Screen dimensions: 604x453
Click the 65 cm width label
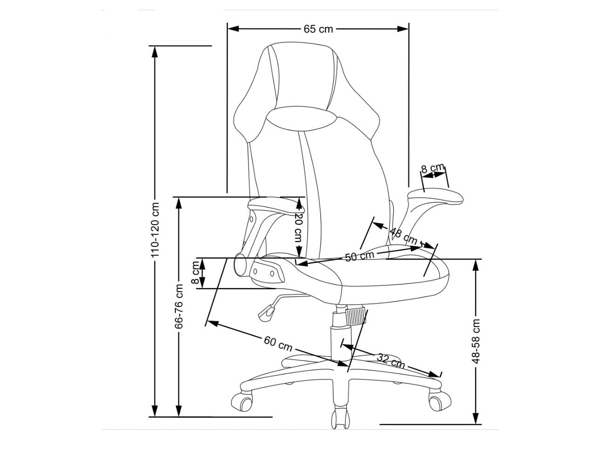click(x=318, y=29)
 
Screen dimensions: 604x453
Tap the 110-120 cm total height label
click(x=155, y=230)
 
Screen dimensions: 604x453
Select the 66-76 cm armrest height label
click(x=179, y=306)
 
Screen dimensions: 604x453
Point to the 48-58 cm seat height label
click(x=476, y=341)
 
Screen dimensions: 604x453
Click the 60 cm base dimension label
click(x=278, y=344)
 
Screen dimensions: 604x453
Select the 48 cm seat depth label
click(x=403, y=236)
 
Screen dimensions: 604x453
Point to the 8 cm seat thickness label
click(x=195, y=273)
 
